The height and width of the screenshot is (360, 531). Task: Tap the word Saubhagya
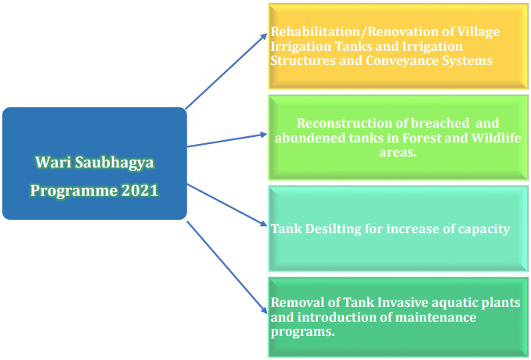click(x=114, y=164)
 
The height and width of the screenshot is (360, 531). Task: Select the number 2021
click(x=140, y=190)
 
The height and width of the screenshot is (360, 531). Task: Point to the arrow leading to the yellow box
click(x=226, y=71)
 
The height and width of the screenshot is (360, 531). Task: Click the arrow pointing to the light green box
click(x=227, y=140)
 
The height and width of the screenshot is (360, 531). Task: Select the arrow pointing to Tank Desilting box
click(x=227, y=205)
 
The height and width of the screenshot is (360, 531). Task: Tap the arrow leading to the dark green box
click(x=227, y=268)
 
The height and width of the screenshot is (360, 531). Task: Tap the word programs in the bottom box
click(x=303, y=333)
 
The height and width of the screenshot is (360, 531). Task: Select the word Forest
click(x=421, y=138)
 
